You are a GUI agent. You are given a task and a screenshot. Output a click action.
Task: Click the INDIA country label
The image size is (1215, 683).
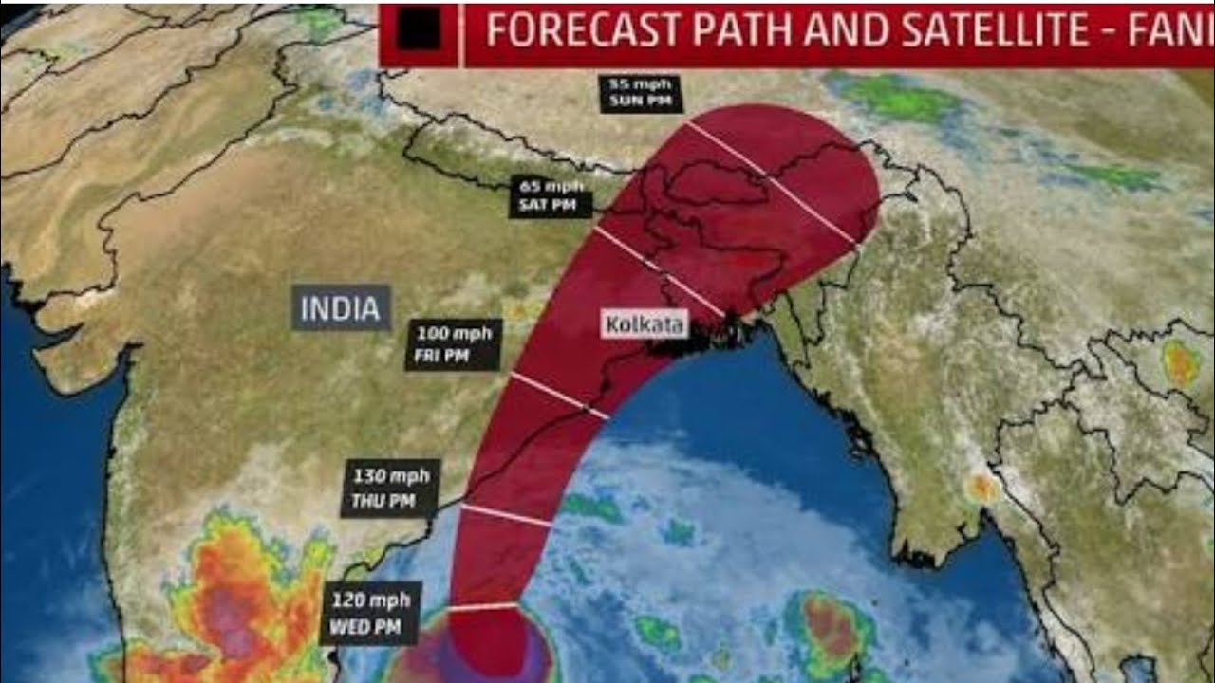tap(341, 308)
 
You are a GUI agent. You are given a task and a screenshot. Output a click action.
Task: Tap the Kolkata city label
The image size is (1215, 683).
tap(645, 325)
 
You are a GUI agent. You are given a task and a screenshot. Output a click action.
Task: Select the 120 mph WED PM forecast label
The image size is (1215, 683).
tap(371, 613)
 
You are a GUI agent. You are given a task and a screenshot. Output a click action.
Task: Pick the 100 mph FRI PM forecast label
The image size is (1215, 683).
tap(457, 345)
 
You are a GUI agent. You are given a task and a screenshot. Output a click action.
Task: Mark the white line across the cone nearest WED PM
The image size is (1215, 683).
tap(483, 605)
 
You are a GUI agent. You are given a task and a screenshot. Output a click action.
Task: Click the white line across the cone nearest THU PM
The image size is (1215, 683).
tap(505, 514)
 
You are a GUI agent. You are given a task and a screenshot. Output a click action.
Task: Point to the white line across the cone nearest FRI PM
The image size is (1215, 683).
tap(560, 395)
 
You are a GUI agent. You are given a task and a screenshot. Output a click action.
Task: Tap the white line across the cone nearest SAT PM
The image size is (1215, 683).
tap(660, 271)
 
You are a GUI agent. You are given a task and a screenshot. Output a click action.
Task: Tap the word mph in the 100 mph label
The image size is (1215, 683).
tap(473, 334)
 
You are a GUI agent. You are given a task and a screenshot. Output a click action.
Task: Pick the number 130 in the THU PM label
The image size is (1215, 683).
tap(368, 476)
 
